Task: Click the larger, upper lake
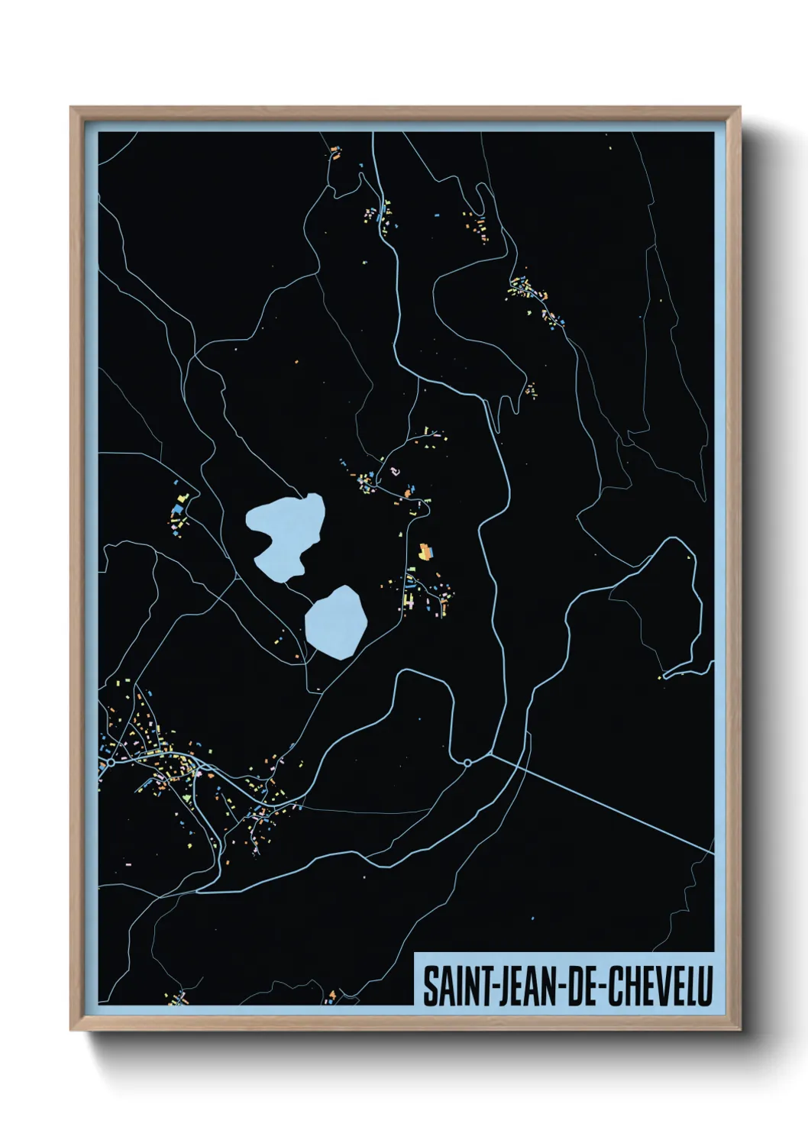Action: (283, 534)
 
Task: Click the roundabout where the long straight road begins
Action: (467, 762)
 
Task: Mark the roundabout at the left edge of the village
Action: (111, 762)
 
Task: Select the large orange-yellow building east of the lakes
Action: (425, 551)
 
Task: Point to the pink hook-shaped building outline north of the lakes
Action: (394, 471)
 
